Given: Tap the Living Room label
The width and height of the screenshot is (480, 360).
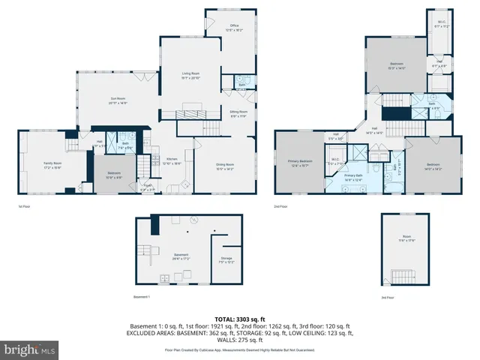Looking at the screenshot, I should tap(190, 73).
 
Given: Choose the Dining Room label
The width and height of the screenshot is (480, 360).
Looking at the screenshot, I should tap(225, 166).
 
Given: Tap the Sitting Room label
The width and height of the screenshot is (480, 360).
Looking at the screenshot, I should tap(238, 112).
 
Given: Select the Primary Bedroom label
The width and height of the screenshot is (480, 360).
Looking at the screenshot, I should tap(300, 162).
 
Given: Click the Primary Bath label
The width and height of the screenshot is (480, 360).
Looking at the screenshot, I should tap(353, 175).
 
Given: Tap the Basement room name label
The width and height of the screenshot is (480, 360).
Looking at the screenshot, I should tap(181, 255).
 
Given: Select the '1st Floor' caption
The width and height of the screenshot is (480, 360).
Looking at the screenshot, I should tap(25, 207).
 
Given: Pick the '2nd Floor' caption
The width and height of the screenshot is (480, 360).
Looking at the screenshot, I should tap(281, 207).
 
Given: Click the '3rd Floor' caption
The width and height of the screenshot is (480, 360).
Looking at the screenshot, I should tap(388, 297).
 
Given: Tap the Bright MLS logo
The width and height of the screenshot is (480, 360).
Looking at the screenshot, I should tap(30, 349).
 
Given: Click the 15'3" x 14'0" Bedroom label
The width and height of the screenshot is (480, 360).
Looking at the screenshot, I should tap(396, 65).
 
